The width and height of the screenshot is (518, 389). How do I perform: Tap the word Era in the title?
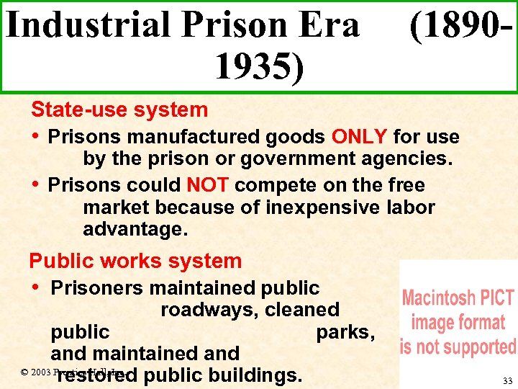330,26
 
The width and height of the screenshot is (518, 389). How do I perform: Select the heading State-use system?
119,110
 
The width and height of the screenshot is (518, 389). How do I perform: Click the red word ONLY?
360,137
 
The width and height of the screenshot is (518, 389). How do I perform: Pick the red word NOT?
207,185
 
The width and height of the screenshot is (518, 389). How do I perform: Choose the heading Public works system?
135,261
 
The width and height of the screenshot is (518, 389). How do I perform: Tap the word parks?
345,332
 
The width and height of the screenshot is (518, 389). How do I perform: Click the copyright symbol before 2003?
24,372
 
